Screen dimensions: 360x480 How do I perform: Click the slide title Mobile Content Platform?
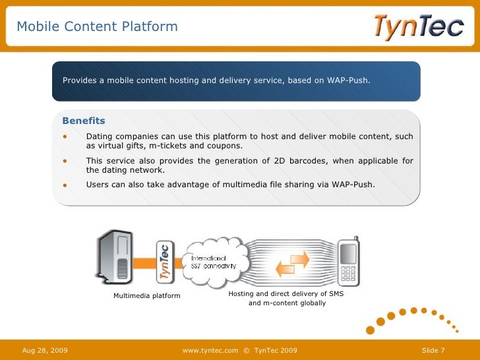pos(97,27)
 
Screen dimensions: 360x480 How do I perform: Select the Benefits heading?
pos(83,121)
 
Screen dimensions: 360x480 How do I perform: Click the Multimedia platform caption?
pos(146,296)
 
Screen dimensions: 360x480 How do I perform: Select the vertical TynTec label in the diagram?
pos(164,261)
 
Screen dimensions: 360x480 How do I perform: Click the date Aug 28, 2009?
pos(45,349)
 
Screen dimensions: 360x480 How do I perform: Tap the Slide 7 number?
pos(433,349)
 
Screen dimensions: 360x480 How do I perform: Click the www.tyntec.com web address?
pos(210,349)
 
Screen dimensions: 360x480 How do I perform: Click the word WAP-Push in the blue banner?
pos(348,80)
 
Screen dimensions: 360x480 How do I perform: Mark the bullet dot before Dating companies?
pos(65,137)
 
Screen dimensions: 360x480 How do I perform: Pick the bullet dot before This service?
pos(65,161)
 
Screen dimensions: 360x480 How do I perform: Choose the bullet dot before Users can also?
pos(65,185)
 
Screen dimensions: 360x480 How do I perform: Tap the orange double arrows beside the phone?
pos(292,264)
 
